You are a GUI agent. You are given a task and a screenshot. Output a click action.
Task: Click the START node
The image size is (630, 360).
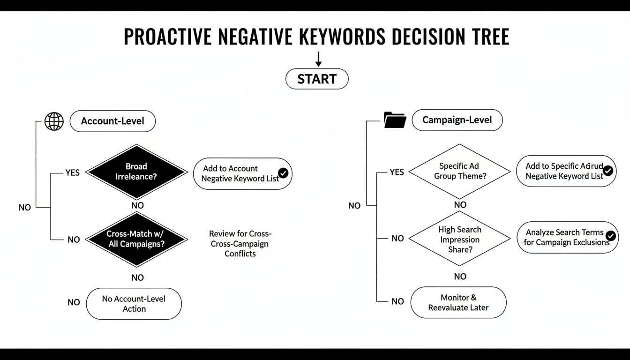[317, 79]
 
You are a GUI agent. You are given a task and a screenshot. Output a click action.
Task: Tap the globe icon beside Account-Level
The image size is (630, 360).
[54, 121]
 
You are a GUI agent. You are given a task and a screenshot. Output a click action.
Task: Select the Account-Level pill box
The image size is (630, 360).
[112, 121]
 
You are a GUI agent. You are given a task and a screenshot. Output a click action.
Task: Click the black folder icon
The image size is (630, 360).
[395, 120]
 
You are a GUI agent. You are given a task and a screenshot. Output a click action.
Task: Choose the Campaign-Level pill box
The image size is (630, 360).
[457, 120]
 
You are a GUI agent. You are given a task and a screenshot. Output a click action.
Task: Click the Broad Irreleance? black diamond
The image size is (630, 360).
[136, 172]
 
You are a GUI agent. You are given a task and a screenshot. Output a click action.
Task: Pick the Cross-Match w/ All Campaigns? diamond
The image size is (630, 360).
[136, 239]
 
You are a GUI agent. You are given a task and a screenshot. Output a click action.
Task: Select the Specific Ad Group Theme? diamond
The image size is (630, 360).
[460, 171]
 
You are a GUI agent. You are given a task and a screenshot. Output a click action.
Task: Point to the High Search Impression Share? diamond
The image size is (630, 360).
[460, 239]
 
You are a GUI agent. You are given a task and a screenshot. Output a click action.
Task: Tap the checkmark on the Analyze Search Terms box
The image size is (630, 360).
[610, 236]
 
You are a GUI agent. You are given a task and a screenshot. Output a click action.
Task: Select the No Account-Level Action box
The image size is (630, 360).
[134, 304]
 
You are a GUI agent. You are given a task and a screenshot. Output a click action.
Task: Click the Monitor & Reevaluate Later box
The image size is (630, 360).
[458, 303]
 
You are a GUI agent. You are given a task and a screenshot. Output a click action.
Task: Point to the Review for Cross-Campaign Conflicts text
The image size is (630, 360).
[240, 244]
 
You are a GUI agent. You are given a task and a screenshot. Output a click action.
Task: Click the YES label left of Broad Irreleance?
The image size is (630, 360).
[73, 172]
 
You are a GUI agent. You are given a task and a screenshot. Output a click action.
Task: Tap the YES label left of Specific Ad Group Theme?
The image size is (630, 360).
[397, 172]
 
